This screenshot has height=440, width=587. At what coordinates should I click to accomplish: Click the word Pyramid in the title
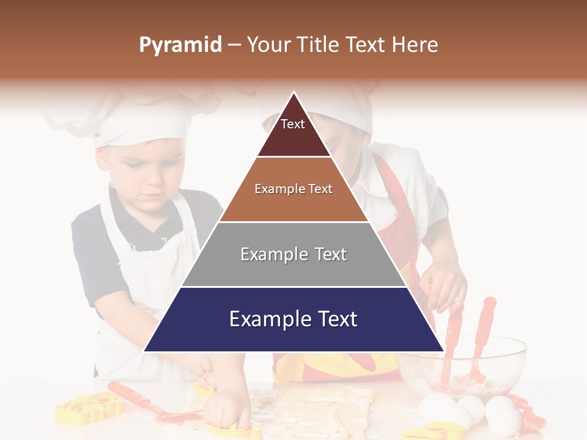coord(180,45)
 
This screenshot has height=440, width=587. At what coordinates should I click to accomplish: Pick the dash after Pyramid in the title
coord(234,45)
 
